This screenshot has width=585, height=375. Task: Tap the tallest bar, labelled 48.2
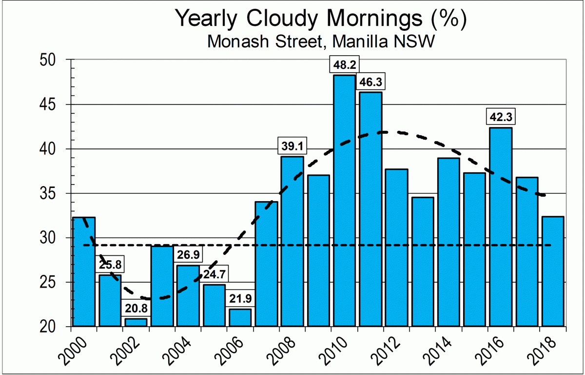(x=344, y=200)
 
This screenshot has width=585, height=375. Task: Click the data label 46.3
(x=370, y=82)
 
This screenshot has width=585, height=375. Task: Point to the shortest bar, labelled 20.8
(x=136, y=322)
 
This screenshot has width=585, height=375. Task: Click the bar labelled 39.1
(x=292, y=241)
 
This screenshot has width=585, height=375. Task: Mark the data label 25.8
(x=110, y=266)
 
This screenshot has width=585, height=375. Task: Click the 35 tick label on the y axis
(x=57, y=194)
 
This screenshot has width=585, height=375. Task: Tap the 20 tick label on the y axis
(x=57, y=327)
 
